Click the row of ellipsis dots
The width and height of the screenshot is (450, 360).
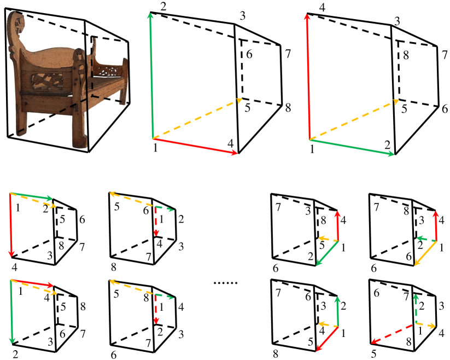[226, 283]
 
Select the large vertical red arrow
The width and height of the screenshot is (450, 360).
[308, 77]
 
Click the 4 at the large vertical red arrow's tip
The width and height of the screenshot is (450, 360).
[322, 8]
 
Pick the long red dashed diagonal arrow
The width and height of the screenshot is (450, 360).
[391, 334]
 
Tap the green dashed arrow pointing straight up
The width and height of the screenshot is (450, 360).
[414, 309]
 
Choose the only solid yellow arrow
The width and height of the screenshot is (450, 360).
[425, 253]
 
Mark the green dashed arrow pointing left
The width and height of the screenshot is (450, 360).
[426, 239]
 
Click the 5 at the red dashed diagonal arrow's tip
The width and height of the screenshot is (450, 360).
[373, 353]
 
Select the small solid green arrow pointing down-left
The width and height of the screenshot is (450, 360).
[327, 253]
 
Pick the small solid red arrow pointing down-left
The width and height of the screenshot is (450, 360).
[327, 339]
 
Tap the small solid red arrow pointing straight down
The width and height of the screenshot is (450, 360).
[11, 225]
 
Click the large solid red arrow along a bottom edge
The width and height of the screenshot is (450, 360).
[195, 146]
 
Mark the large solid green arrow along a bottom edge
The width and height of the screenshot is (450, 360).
[353, 147]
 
